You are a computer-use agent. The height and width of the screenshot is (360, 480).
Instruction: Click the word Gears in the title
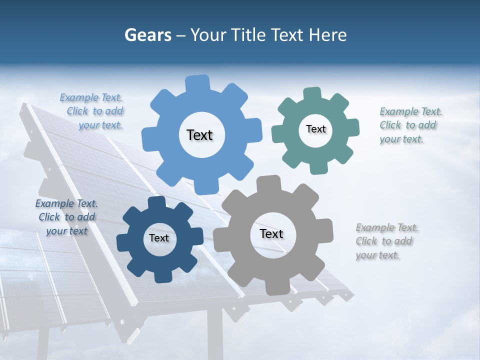point(148,35)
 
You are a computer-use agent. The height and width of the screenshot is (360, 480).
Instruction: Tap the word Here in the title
point(327,35)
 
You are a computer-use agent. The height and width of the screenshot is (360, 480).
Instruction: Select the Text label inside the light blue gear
point(199,135)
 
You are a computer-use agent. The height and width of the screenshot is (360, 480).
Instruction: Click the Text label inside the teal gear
point(315,129)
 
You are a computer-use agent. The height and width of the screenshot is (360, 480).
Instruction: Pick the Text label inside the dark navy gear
point(159,238)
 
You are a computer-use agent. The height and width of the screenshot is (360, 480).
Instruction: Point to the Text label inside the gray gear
point(271,234)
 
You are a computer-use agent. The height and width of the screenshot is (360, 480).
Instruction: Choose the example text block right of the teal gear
point(410,125)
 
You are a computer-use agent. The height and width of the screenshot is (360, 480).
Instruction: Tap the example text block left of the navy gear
point(66,217)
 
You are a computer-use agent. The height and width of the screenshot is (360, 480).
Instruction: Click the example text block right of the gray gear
point(386,241)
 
